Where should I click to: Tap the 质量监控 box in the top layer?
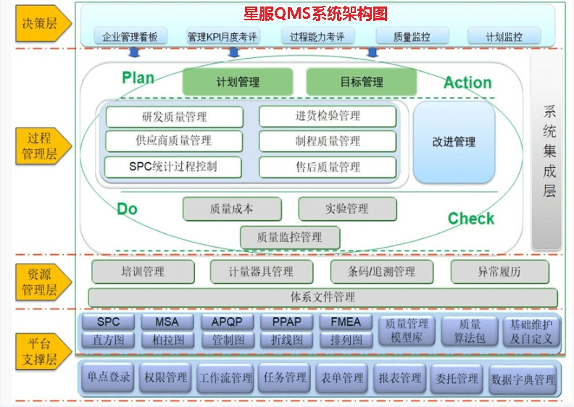click(x=412, y=36)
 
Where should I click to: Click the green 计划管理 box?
click(x=238, y=82)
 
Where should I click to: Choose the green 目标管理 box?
click(x=362, y=82)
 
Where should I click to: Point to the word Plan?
click(x=138, y=78)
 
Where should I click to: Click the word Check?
click(x=470, y=218)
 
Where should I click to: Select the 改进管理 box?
click(x=454, y=142)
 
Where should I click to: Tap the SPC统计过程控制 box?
click(x=173, y=167)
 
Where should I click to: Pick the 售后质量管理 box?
click(x=328, y=167)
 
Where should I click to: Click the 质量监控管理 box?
click(x=289, y=236)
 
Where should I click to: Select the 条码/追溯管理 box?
click(x=382, y=272)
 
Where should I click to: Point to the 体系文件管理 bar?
click(x=323, y=297)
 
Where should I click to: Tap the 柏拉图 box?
click(x=168, y=339)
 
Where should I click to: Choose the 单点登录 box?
click(x=109, y=377)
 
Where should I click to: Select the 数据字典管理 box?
click(x=523, y=379)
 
